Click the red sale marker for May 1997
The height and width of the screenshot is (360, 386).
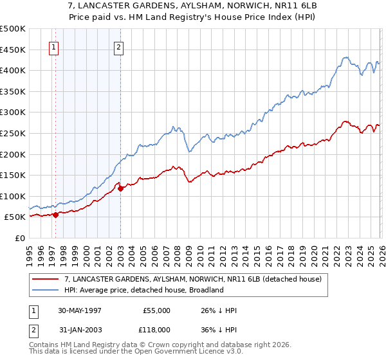(x=56, y=215)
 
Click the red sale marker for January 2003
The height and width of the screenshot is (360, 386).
(x=120, y=188)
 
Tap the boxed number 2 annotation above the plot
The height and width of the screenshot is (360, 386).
(x=120, y=46)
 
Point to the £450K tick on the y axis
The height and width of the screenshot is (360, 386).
(x=13, y=50)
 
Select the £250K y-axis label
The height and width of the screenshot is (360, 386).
(x=13, y=133)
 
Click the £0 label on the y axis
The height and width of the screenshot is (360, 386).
(x=21, y=238)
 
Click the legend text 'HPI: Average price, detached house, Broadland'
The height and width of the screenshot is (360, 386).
(x=143, y=290)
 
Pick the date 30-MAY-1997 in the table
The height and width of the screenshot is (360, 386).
(x=80, y=310)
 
